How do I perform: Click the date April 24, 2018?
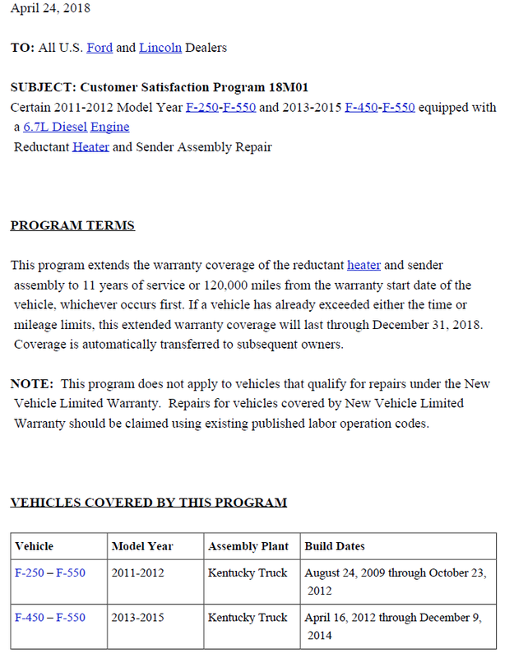[50, 8]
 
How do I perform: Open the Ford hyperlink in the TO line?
[100, 48]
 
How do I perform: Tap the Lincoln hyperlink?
[160, 48]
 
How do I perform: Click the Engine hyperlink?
[109, 127]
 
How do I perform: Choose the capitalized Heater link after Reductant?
[90, 147]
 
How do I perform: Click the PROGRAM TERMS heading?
[72, 225]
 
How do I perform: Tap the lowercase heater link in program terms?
[364, 265]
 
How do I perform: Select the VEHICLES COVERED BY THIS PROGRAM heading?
[149, 503]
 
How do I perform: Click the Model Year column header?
[142, 546]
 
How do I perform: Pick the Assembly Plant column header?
[248, 546]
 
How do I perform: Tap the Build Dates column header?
[335, 546]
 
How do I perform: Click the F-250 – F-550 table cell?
[50, 572]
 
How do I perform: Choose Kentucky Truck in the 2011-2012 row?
[248, 572]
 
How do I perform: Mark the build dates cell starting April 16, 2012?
[393, 626]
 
